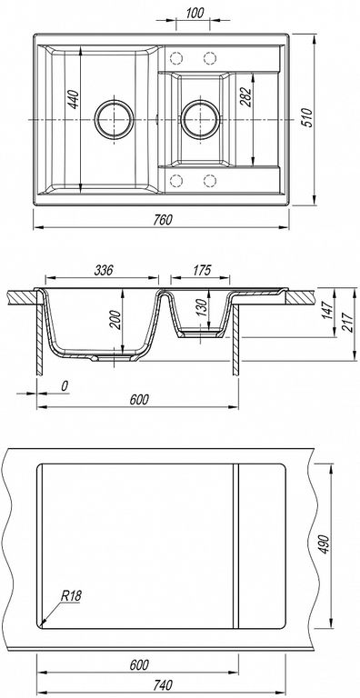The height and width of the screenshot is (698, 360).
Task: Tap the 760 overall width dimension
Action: pos(163,220)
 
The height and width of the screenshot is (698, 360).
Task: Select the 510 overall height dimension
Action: pos(308,118)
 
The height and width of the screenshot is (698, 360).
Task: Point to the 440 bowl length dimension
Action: pos(73,100)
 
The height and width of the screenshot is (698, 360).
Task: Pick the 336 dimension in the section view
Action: pos(104,270)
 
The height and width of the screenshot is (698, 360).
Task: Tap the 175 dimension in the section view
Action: pos(202,270)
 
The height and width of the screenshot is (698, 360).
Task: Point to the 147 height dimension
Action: pos(327,310)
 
